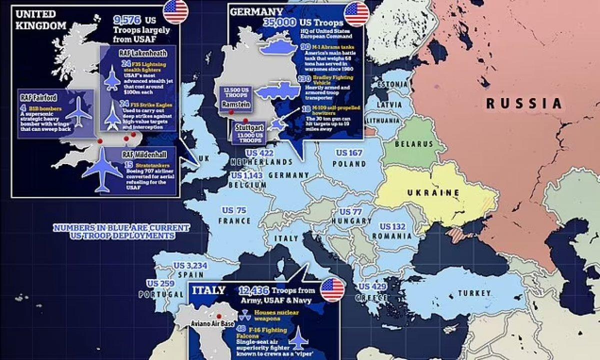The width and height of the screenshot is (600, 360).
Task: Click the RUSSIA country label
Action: (x=524, y=104)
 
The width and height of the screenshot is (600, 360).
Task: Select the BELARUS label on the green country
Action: (x=414, y=144)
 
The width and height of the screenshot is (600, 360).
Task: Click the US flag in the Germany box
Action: (x=357, y=13)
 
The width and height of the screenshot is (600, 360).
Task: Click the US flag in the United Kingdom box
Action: (x=175, y=12)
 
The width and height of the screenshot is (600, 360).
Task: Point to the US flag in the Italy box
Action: (x=332, y=290)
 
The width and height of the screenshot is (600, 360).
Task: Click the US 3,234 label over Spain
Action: (x=188, y=265)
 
